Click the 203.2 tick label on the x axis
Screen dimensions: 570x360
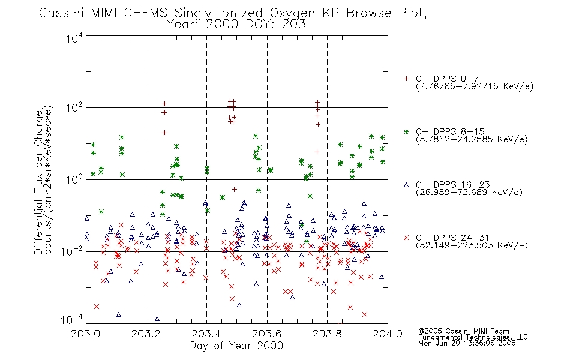tap(146, 334)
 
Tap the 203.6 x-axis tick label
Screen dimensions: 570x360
tap(267, 334)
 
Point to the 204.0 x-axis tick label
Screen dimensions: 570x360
tap(388, 334)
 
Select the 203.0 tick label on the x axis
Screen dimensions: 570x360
tap(85, 334)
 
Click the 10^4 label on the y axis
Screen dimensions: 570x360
tap(74, 38)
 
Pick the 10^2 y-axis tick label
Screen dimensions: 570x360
tap(74, 108)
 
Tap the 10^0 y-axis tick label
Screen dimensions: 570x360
tap(74, 179)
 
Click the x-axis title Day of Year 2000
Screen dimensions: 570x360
tap(236, 346)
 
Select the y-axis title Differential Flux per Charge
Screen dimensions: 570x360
tap(38, 182)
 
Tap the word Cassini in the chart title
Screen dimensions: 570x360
tap(61, 13)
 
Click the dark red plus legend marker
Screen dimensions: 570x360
tap(406, 79)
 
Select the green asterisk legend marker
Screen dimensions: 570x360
tap(406, 132)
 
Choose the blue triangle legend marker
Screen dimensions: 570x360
tap(406, 185)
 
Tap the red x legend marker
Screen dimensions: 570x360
tap(406, 238)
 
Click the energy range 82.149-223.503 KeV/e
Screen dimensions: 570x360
tap(472, 245)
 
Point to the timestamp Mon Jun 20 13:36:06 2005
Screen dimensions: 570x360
tap(467, 343)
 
